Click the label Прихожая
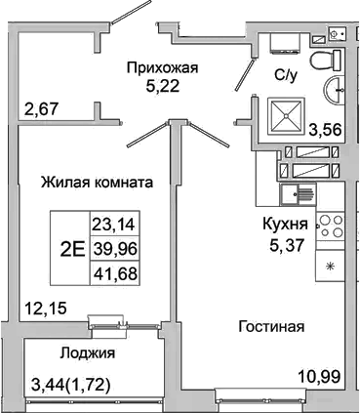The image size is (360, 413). coord(162,67)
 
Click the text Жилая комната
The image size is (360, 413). coord(97,182)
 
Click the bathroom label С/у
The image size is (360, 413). coord(285,72)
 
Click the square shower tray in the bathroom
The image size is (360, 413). coord(289,116)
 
